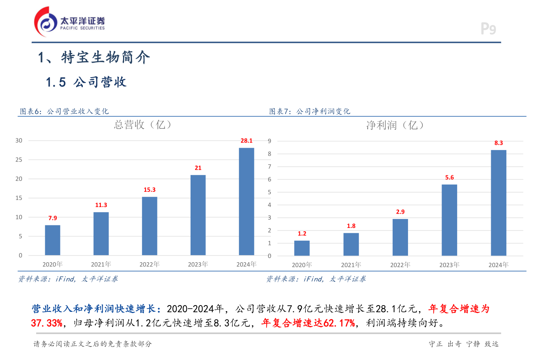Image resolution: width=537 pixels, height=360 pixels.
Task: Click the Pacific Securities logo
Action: (x=69, y=22)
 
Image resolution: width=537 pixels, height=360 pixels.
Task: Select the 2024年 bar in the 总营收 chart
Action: (x=246, y=201)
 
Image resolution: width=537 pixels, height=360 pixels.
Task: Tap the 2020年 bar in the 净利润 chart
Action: (x=302, y=248)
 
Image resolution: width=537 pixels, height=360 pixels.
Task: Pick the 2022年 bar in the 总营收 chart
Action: (x=150, y=226)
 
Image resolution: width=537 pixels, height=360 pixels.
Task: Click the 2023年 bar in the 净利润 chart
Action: (x=449, y=220)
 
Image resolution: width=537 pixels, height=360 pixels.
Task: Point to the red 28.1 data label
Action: (x=246, y=141)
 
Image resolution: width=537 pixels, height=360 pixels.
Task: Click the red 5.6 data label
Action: (x=449, y=178)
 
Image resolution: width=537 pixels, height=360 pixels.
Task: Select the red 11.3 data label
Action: (x=101, y=205)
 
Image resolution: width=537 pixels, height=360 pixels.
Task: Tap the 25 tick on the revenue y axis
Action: (x=19, y=160)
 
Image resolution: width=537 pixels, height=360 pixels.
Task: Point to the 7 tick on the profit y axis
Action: (x=270, y=166)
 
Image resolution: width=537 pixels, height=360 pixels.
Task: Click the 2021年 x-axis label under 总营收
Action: (x=101, y=264)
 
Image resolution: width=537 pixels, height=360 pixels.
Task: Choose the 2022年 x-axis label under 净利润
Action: (x=400, y=265)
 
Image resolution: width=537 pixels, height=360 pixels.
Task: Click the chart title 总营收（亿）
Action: (x=143, y=125)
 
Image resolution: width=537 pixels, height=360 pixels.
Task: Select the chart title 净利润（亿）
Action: (x=395, y=125)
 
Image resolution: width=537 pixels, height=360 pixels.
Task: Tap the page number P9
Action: (x=488, y=29)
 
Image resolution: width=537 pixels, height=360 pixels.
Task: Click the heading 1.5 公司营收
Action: (x=86, y=82)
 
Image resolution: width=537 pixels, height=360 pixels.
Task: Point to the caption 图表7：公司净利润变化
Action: (x=310, y=111)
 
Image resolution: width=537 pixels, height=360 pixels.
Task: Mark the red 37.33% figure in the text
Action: (x=47, y=323)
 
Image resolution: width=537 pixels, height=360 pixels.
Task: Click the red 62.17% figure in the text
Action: (x=339, y=323)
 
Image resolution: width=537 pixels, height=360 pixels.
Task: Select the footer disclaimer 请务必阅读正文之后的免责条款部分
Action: (x=92, y=344)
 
